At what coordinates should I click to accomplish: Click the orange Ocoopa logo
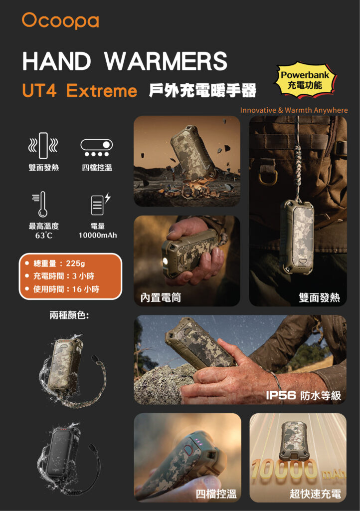click(60, 20)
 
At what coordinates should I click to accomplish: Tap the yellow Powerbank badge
click(305, 80)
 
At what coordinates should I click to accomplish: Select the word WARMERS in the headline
click(166, 61)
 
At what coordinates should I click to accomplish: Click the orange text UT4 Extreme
click(79, 90)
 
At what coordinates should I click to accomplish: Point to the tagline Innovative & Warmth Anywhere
click(294, 110)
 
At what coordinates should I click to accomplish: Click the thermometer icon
click(41, 204)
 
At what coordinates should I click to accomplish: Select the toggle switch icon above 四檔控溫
click(97, 148)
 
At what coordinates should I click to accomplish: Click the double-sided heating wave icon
click(43, 145)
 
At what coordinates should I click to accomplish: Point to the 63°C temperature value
click(43, 236)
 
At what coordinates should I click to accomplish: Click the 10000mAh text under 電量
click(98, 236)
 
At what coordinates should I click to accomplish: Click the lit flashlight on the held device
click(166, 261)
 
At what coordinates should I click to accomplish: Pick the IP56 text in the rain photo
click(281, 395)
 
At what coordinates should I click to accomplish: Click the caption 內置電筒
click(161, 297)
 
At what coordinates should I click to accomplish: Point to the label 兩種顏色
click(69, 315)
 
